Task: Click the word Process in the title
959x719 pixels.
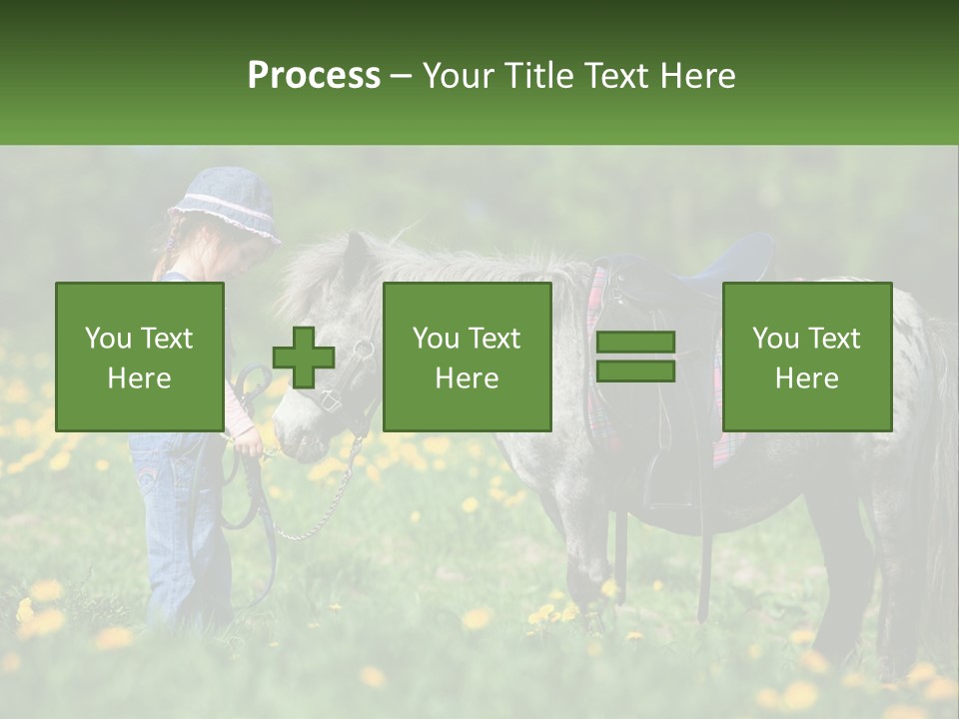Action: point(314,76)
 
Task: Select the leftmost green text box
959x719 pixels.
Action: point(139,357)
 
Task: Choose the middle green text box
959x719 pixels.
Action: point(467,357)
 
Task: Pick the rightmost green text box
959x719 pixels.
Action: point(806,357)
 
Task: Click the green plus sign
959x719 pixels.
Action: point(304,358)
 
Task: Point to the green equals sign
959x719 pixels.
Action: point(635,357)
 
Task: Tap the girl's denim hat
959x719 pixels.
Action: point(224,204)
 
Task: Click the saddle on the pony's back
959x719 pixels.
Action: point(699,270)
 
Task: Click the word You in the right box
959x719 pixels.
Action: point(775,339)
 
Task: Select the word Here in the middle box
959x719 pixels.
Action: point(467,378)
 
